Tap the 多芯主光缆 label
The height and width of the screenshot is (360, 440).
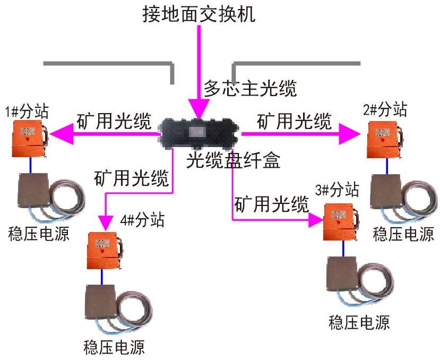point(251,88)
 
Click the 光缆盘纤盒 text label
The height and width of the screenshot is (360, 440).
point(233,160)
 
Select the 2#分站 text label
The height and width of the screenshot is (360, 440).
point(385,110)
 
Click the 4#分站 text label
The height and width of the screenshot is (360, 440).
point(143,219)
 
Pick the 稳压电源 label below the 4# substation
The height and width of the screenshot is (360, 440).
point(114,348)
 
